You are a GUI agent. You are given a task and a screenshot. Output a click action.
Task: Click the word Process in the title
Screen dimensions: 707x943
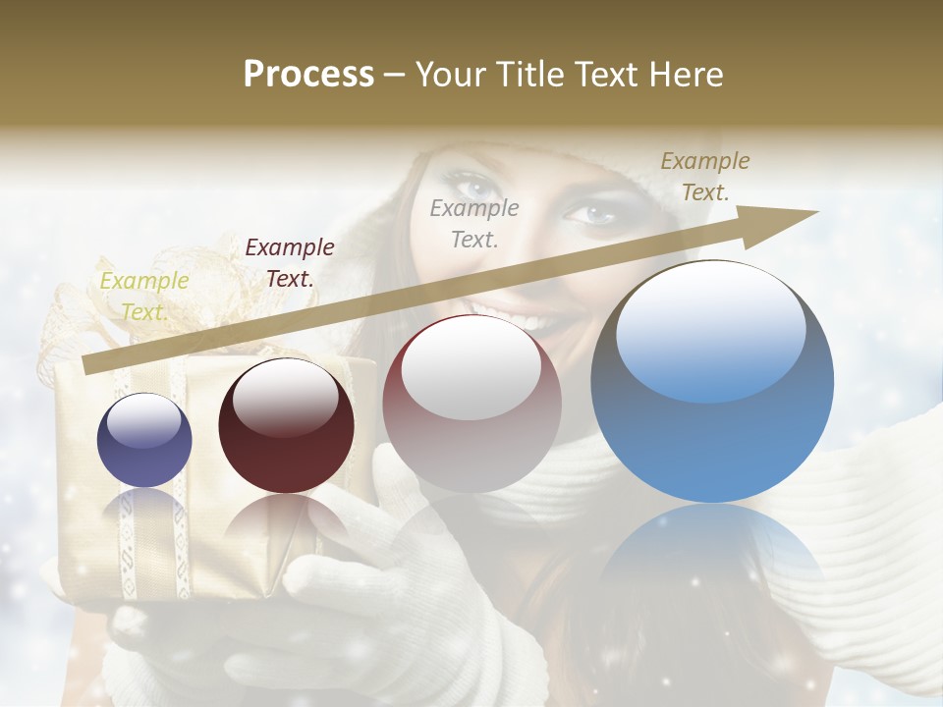pyautogui.click(x=308, y=75)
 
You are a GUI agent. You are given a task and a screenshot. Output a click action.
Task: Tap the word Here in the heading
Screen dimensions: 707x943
pyautogui.click(x=685, y=75)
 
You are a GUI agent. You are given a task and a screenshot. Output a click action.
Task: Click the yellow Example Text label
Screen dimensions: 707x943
pyautogui.click(x=143, y=296)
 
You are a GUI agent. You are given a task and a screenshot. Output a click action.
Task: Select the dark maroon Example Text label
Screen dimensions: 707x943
pyautogui.click(x=289, y=262)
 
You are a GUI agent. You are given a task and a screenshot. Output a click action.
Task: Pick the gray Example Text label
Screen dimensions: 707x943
pyautogui.click(x=473, y=223)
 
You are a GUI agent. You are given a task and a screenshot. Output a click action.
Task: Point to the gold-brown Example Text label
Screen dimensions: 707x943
pyautogui.click(x=704, y=177)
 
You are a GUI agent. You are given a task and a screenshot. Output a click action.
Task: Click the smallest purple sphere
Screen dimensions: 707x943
pyautogui.click(x=144, y=440)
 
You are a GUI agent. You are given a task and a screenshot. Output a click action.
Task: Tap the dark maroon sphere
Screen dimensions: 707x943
pyautogui.click(x=285, y=426)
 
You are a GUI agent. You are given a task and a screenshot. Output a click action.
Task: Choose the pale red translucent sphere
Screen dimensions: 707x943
pyautogui.click(x=471, y=404)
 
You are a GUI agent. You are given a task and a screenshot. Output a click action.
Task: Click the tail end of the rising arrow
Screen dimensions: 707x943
pyautogui.click(x=86, y=367)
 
